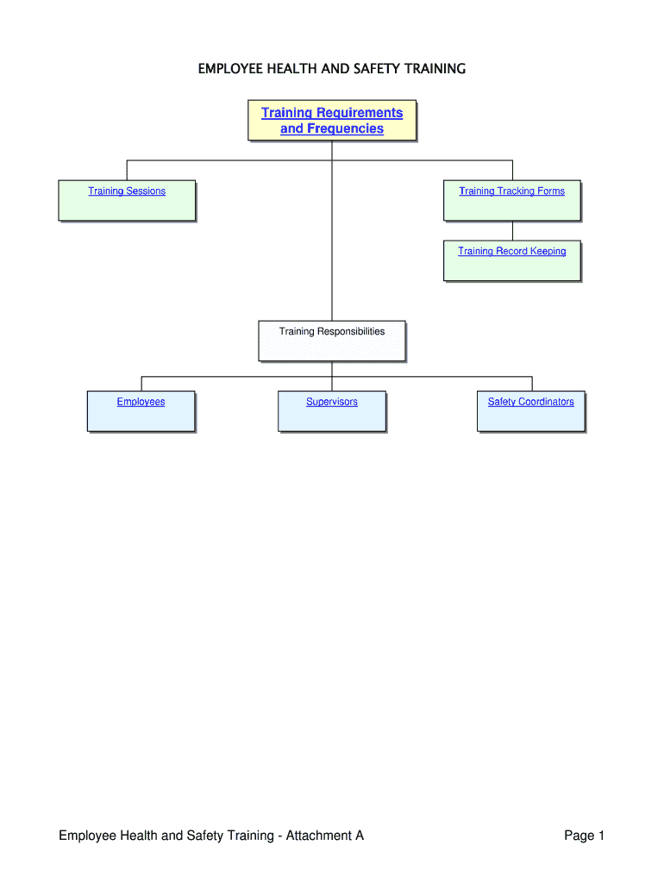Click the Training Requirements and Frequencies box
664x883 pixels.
pos(332,120)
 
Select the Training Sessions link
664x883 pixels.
pos(127,191)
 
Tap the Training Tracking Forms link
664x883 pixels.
pos(511,191)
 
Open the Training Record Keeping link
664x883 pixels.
pos(511,252)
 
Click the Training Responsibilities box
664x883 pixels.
pos(332,341)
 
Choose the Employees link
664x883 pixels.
pos(141,402)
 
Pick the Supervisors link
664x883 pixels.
pos(332,402)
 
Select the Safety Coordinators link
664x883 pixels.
pos(530,402)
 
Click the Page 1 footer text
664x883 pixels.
pos(585,836)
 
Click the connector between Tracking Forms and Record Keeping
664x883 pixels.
pos(512,230)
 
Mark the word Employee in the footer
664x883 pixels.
pos(89,836)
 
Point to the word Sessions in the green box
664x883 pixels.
pos(145,191)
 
